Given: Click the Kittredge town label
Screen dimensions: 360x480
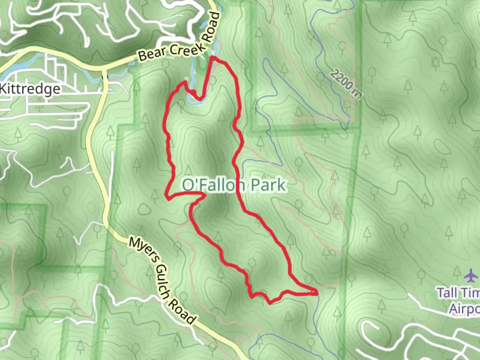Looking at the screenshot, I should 30,89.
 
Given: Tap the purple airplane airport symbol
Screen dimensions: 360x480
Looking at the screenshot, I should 471,275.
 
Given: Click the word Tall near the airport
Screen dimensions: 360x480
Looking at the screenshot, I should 447,293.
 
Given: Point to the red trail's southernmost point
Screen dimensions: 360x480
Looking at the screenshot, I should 270,303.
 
